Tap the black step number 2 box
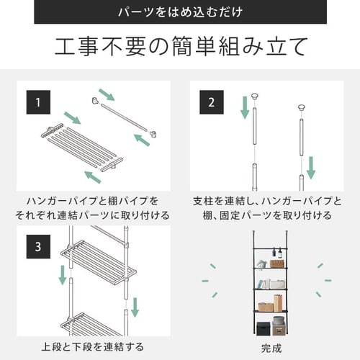click(210, 102)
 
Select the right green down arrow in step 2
click(310, 166)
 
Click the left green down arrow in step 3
click(63, 274)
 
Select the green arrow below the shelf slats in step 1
click(92, 176)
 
